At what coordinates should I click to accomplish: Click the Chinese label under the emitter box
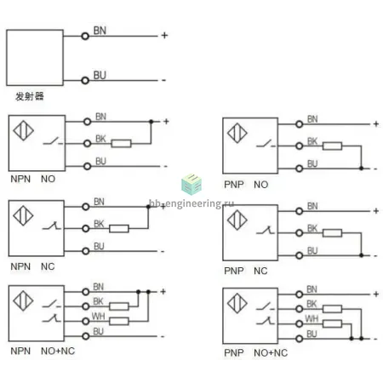[x=30, y=96]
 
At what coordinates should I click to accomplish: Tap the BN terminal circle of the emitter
[x=85, y=36]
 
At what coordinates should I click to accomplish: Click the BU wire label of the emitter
[x=100, y=75]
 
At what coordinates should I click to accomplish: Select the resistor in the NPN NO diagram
[x=121, y=144]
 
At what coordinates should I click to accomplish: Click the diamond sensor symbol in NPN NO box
[x=24, y=130]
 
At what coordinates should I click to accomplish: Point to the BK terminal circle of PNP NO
[x=299, y=146]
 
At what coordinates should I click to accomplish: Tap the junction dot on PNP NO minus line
[x=361, y=169]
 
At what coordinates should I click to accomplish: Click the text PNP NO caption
[x=246, y=185]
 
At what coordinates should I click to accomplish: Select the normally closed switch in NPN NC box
[x=52, y=226]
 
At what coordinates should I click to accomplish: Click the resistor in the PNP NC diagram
[x=332, y=233]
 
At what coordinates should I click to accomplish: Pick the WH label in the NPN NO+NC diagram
[x=98, y=316]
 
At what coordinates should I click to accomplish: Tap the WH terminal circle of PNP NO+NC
[x=299, y=323]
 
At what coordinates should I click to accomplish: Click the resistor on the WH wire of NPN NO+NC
[x=119, y=321]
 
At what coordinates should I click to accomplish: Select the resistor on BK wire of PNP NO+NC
[x=332, y=309]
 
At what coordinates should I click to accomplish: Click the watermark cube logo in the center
[x=191, y=185]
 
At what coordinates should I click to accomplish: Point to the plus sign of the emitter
[x=164, y=36]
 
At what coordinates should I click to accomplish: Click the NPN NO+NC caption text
[x=43, y=351]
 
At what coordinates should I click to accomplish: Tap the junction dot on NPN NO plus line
[x=151, y=122]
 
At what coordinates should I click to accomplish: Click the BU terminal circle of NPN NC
[x=85, y=251]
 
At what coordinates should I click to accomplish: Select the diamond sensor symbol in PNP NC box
[x=237, y=220]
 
